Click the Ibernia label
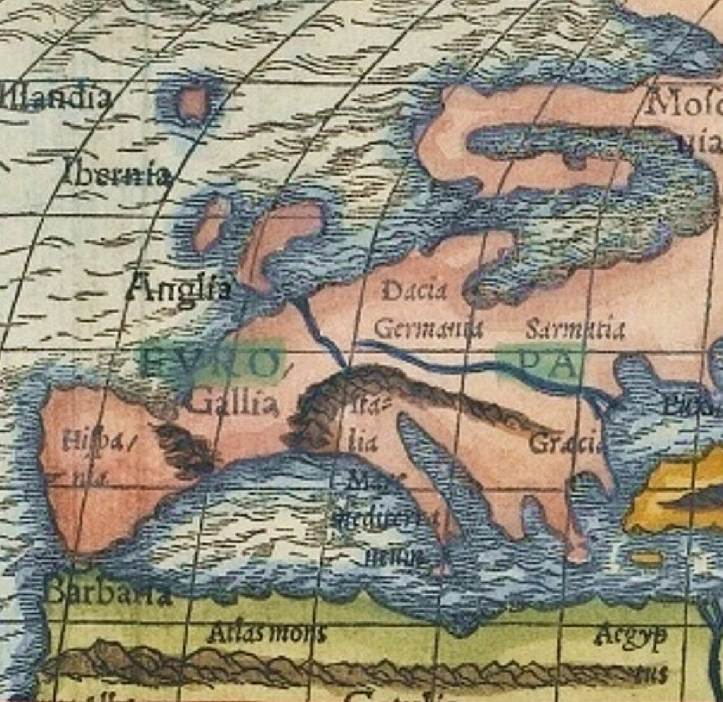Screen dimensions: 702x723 (117, 172)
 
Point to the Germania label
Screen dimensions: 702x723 (428, 329)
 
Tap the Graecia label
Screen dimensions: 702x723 (564, 443)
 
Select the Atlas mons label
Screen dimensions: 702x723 (267, 633)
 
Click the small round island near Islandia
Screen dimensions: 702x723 (192, 104)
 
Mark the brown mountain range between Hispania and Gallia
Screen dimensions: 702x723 (185, 448)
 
